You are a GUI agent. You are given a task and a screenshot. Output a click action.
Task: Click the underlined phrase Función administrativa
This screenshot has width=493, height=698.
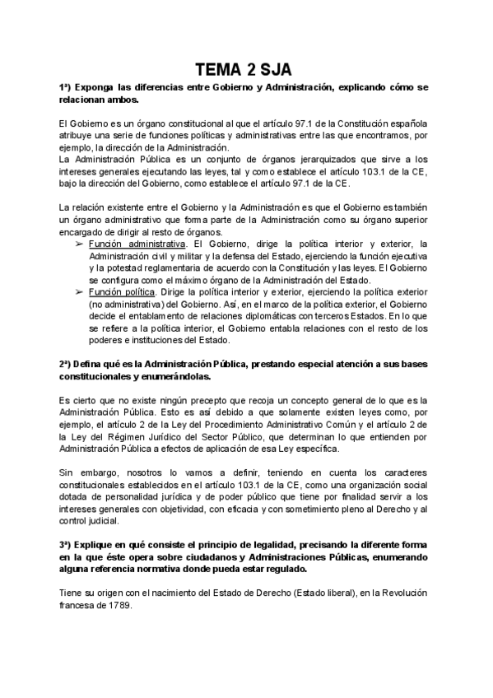pyautogui.click(x=137, y=244)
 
